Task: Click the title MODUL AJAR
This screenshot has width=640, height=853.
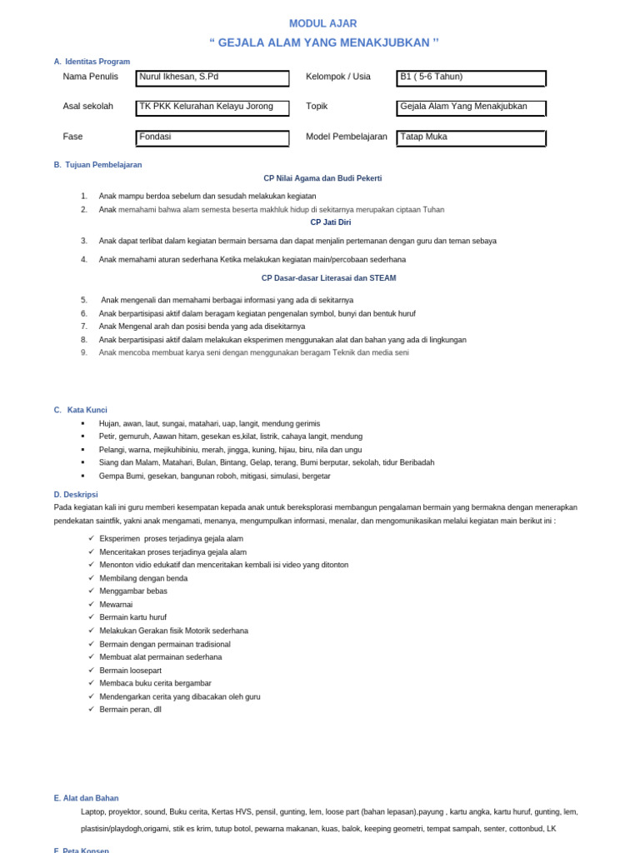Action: pos(322,23)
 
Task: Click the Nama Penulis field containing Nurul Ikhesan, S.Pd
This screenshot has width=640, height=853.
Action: pos(212,78)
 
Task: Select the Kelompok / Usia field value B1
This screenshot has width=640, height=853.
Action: pos(471,78)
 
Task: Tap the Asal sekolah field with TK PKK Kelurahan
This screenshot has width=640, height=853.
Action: pos(212,108)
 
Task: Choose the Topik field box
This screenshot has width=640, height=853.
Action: pos(471,108)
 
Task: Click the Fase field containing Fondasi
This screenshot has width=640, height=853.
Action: pos(212,138)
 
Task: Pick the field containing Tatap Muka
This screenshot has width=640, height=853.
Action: pos(471,138)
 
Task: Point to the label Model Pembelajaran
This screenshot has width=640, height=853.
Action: pos(347,137)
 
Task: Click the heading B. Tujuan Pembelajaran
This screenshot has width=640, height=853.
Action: pos(98,165)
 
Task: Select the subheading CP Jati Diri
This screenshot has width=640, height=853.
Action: pos(331,222)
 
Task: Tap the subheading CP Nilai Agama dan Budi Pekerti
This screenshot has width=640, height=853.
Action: pos(322,178)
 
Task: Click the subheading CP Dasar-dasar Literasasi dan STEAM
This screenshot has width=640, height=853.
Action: pos(328,278)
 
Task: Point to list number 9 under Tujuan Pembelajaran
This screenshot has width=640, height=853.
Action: pos(84,352)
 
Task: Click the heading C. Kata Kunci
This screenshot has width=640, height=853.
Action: pos(81,410)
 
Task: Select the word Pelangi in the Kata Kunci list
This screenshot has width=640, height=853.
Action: pos(112,450)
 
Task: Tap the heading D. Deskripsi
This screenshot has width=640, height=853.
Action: pos(76,494)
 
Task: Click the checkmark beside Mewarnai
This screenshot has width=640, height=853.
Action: pos(91,604)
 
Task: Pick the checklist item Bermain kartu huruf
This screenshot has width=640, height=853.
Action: pos(132,617)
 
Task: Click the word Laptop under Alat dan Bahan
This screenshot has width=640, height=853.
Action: pos(93,811)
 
